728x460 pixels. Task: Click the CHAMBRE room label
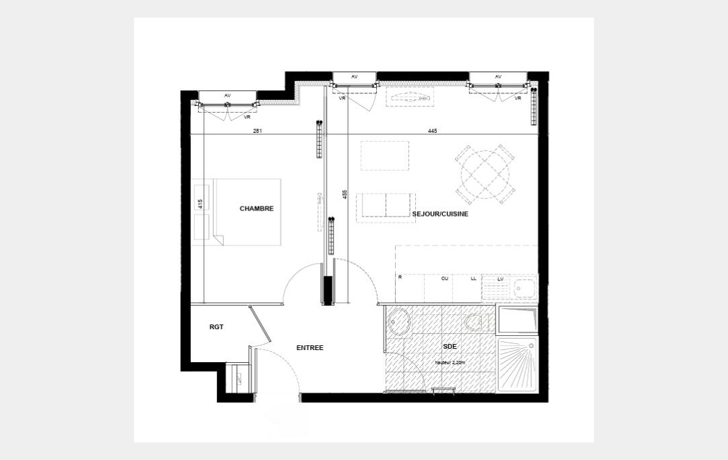click(256, 208)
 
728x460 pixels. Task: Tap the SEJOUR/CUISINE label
click(440, 214)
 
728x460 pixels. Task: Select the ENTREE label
click(310, 348)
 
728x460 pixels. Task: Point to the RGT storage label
click(216, 327)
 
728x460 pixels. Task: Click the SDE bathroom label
click(449, 346)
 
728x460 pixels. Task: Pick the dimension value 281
click(257, 131)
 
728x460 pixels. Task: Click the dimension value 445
click(432, 131)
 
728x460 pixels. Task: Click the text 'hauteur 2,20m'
click(449, 362)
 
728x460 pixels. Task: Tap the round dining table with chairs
click(485, 174)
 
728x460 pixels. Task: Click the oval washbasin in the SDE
click(400, 322)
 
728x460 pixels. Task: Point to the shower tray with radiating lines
click(517, 365)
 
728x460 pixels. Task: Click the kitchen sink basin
click(524, 289)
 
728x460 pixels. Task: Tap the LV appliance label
click(499, 278)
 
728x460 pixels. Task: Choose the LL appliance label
click(473, 278)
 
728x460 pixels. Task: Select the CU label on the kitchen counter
click(445, 278)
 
